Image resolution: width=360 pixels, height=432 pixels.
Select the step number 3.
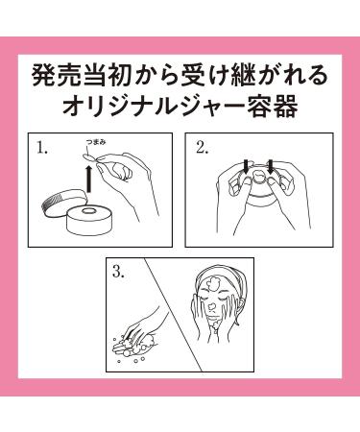coord(118,273)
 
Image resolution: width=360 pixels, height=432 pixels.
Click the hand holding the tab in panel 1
coord(125,182)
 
